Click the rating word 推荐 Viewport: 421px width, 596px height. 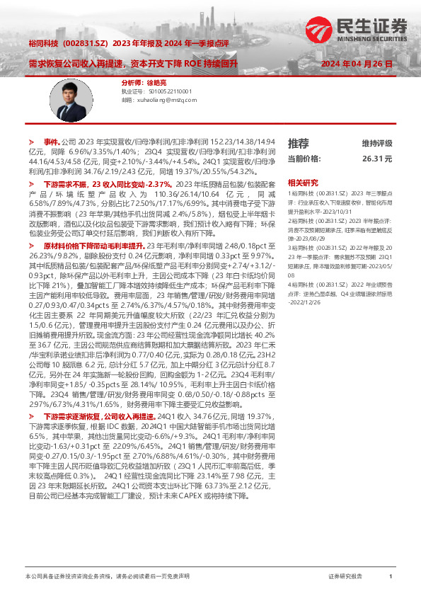click(299, 143)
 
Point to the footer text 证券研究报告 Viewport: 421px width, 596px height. click(346, 578)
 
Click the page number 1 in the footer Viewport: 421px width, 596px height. click(391, 578)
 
